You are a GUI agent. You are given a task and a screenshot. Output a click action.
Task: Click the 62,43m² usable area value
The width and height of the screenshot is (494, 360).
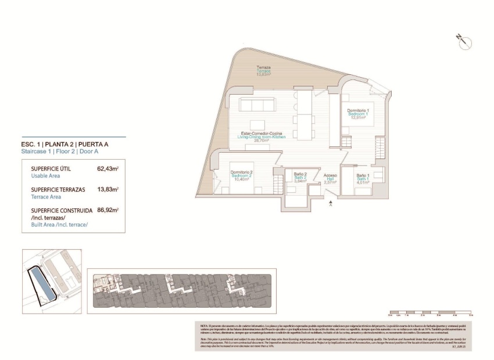(108, 169)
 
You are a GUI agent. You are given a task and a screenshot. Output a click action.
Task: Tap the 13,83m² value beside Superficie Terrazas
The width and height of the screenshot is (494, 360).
(108, 189)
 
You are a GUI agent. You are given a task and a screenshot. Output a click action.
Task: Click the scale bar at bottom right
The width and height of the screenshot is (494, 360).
(431, 312)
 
